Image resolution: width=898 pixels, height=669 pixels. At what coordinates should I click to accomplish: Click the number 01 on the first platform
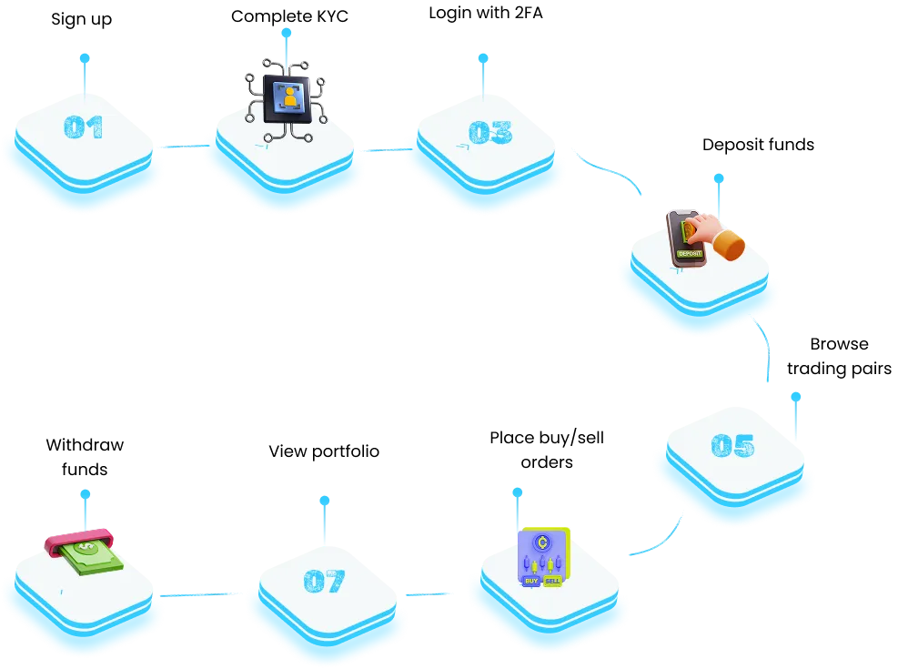[x=84, y=127]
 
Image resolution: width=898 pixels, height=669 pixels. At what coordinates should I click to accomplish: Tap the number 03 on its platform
[x=490, y=133]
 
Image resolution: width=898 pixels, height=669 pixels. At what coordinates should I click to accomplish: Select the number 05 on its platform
[x=732, y=446]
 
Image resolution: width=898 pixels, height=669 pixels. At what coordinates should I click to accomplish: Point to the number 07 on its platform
[x=325, y=581]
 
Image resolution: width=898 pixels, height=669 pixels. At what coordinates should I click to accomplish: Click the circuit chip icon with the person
[x=287, y=98]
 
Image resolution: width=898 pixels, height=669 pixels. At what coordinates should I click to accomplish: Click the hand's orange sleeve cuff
[x=729, y=245]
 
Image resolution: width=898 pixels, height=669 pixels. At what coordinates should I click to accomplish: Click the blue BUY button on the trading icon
[x=531, y=580]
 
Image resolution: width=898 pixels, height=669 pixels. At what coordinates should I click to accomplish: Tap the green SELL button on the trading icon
[x=553, y=580]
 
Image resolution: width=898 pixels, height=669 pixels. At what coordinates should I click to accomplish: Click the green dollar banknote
[x=91, y=556]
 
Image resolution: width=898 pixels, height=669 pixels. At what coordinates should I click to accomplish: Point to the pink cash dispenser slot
[x=78, y=540]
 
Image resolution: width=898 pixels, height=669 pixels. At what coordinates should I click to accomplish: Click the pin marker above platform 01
[x=85, y=58]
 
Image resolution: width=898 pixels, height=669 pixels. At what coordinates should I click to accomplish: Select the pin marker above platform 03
[x=483, y=58]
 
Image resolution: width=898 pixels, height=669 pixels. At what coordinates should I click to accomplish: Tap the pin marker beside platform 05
[x=794, y=397]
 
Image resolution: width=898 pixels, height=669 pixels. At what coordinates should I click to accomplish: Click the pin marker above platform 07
[x=323, y=502]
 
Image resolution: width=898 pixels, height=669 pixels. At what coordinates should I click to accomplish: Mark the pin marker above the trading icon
[x=517, y=492]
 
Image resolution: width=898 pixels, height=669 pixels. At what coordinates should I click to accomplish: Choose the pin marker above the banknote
[x=86, y=494]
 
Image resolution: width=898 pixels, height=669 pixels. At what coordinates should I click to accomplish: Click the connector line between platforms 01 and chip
[x=179, y=147]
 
